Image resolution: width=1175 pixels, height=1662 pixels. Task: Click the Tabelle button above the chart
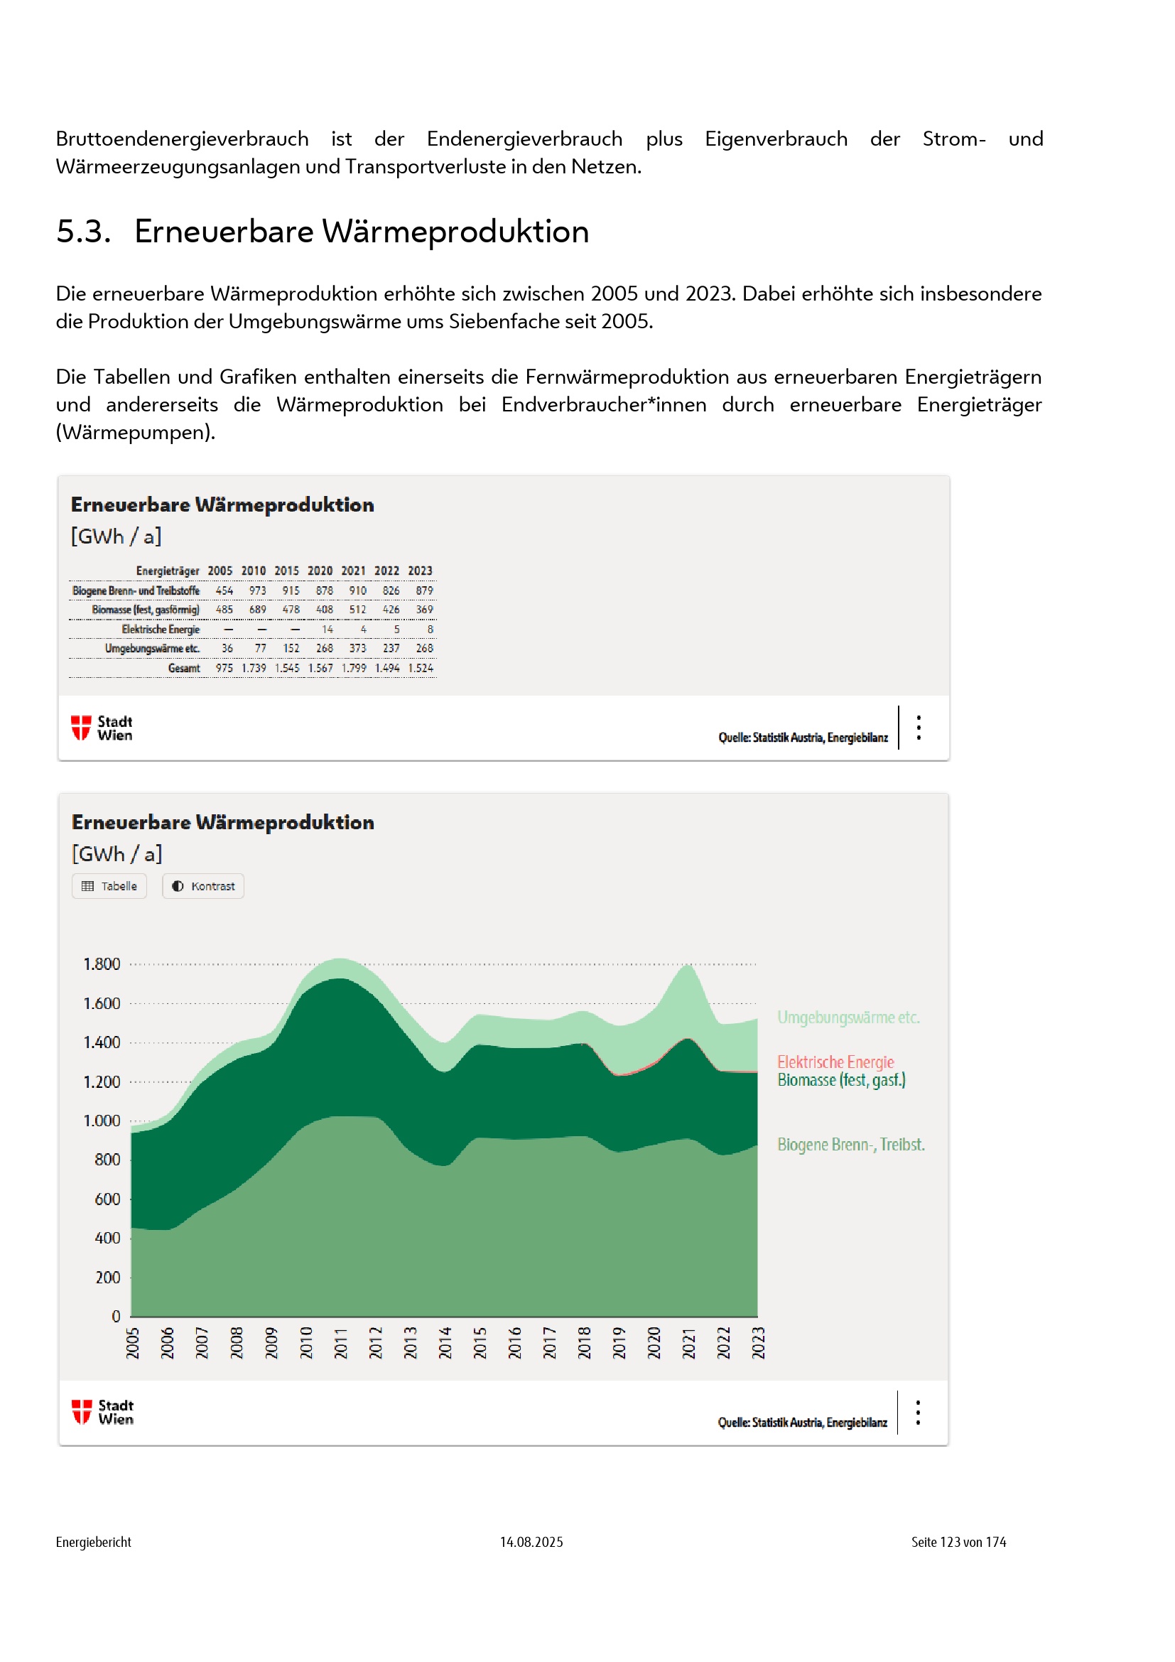(109, 886)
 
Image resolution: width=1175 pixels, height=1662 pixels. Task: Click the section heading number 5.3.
(83, 232)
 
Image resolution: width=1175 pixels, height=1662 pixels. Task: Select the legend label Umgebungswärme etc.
(848, 1018)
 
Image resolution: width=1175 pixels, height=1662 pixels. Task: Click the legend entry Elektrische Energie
(835, 1062)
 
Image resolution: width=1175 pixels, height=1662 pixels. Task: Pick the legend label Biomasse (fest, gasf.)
(841, 1080)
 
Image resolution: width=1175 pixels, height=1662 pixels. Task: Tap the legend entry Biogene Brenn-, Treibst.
(851, 1145)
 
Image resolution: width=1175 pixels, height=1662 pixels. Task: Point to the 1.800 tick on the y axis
(102, 964)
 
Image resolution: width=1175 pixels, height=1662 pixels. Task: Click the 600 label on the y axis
(107, 1199)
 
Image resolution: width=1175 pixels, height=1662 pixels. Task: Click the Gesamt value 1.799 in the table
(354, 668)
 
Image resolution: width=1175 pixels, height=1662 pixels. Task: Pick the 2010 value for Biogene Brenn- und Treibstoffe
(258, 590)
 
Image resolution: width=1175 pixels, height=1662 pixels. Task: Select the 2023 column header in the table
(420, 571)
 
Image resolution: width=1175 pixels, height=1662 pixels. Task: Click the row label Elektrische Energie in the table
(161, 630)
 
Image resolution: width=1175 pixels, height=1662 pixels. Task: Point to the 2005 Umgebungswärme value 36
(227, 649)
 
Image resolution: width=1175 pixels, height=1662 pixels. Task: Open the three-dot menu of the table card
(919, 728)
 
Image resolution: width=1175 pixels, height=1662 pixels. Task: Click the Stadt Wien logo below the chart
(102, 1413)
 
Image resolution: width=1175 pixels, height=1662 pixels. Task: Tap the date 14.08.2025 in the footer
(531, 1543)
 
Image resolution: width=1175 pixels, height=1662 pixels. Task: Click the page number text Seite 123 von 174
(958, 1543)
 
